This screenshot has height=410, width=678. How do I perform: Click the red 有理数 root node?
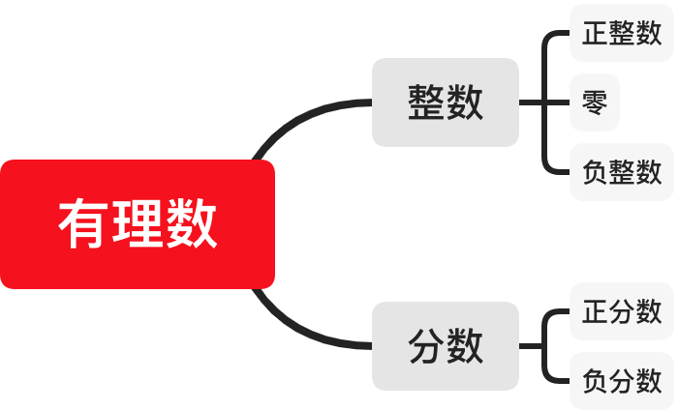(138, 224)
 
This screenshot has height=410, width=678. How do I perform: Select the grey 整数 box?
(446, 102)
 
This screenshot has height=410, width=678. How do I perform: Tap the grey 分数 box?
(446, 346)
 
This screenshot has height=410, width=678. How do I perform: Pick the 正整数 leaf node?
(622, 34)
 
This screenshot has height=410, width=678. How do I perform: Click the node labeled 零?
(595, 102)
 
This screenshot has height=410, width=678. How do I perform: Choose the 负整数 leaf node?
(622, 172)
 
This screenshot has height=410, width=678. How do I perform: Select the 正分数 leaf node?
(622, 311)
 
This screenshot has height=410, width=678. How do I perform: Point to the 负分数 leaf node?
(622, 381)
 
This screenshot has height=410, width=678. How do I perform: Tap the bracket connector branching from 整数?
(546, 102)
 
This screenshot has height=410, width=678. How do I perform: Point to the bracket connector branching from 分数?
(546, 346)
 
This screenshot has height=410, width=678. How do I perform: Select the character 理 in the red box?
(138, 224)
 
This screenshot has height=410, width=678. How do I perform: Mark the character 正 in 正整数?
(595, 34)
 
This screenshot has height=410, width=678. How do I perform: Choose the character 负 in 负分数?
(595, 381)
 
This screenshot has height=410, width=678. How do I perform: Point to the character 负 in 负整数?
(595, 172)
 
